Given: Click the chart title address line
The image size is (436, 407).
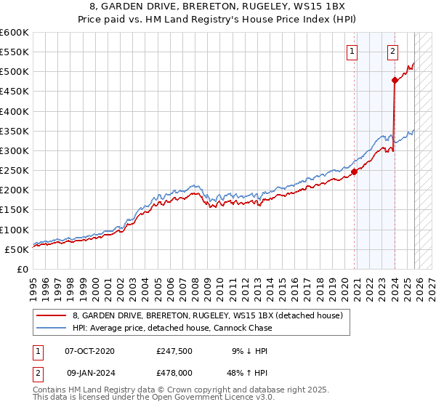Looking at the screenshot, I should (217, 7).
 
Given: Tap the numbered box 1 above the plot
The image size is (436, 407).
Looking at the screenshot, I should (352, 51).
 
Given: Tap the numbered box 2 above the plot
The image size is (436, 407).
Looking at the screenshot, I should (392, 51).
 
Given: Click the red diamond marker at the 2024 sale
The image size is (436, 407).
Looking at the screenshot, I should (394, 80).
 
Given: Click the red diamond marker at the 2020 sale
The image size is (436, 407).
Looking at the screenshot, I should (355, 172).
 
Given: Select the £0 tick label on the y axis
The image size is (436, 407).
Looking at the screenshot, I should (22, 269).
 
